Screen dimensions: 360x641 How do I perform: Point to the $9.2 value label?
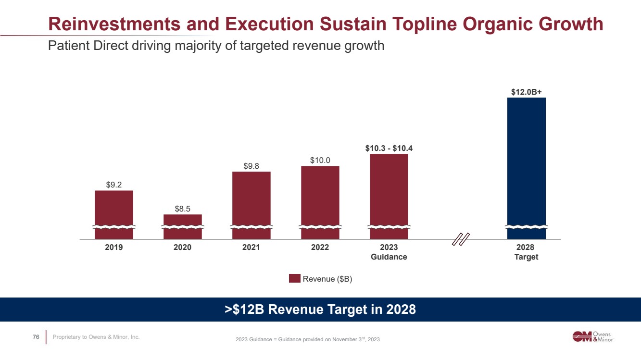[x=114, y=184]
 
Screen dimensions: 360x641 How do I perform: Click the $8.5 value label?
[x=183, y=208]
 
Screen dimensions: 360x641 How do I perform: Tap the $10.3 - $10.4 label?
[x=389, y=148]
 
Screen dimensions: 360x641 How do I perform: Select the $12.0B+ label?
[x=527, y=91]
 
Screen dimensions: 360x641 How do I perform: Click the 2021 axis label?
[x=251, y=247]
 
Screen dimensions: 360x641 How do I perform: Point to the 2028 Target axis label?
[x=527, y=252]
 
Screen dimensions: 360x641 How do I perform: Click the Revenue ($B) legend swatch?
[x=294, y=279]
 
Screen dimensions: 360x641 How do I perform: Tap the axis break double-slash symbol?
[x=461, y=239]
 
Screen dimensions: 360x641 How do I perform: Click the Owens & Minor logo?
[x=593, y=336]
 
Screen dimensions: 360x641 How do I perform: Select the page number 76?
[x=36, y=337]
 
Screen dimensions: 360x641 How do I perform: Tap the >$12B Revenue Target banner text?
[x=320, y=310]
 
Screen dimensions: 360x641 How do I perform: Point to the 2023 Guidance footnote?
[x=308, y=340]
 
